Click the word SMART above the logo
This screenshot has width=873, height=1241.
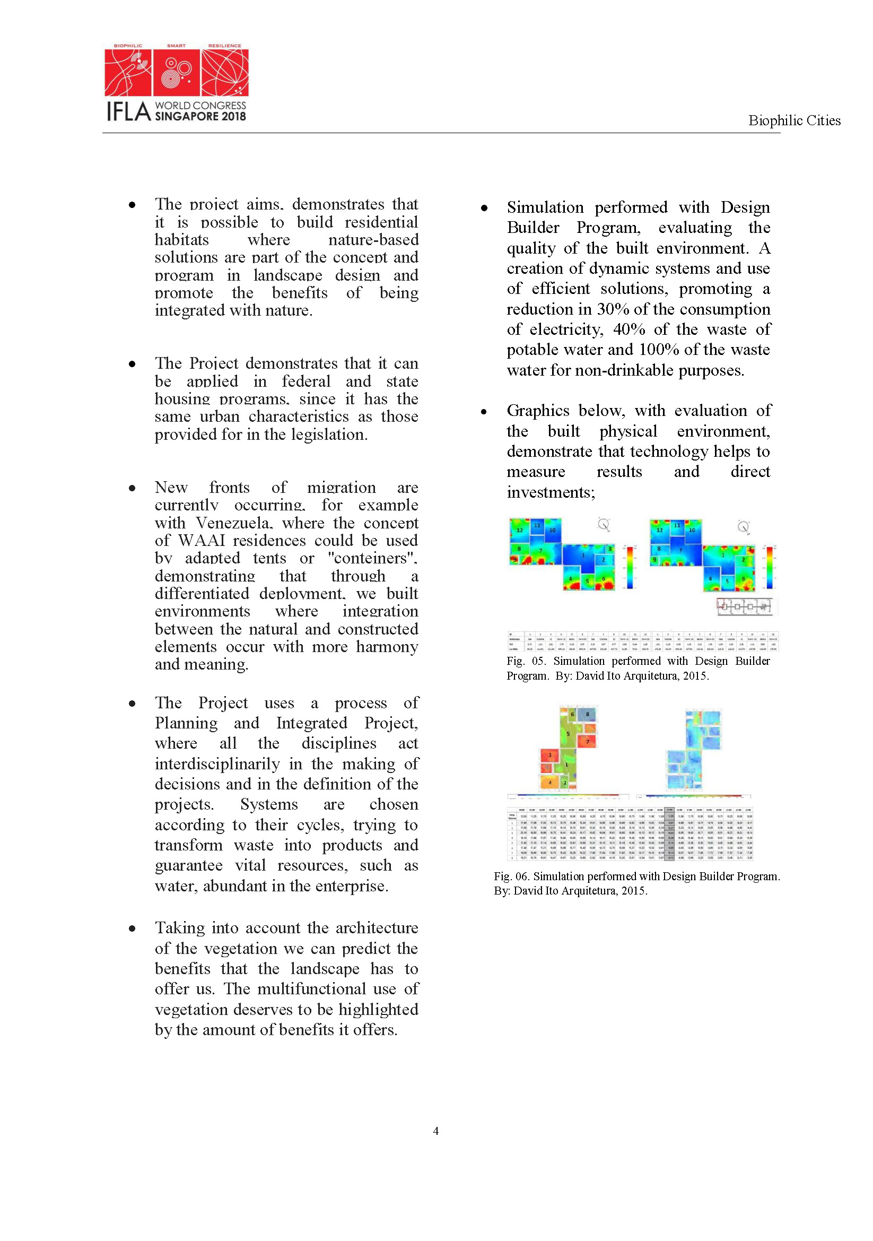pos(176,46)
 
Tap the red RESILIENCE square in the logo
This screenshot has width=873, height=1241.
pos(225,73)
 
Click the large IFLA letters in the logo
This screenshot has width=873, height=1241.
pos(128,112)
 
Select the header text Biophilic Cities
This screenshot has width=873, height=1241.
pos(793,120)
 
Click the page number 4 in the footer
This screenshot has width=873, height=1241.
pos(436,1131)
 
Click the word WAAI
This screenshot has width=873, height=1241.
pos(202,541)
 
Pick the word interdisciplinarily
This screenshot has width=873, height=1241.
pos(217,763)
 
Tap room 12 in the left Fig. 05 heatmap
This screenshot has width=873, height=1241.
pos(520,530)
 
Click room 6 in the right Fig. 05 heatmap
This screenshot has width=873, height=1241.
pos(744,579)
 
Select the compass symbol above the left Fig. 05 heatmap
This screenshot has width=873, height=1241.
pos(604,524)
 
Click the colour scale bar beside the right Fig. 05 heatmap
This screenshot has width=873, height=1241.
pos(769,567)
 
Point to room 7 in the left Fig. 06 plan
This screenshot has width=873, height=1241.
pos(588,742)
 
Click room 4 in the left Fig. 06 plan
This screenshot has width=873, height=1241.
pos(550,782)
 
